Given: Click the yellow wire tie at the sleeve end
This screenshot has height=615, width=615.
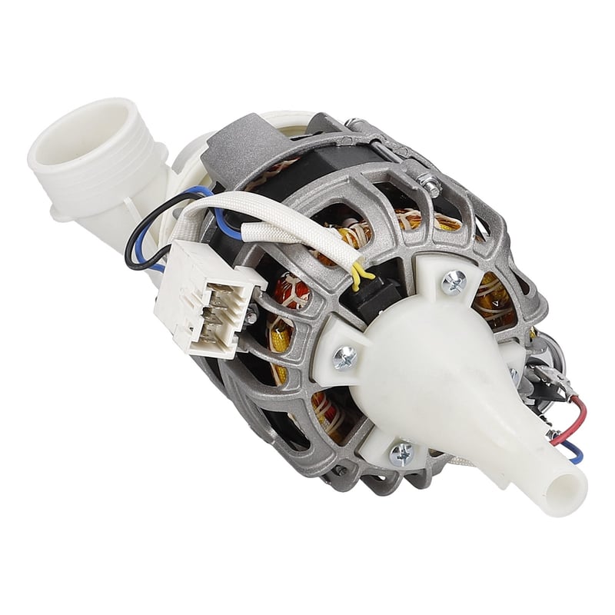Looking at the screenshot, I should [359, 271].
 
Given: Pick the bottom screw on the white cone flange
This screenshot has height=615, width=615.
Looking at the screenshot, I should [402, 454].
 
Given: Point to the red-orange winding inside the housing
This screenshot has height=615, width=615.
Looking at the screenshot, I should [296, 293].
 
